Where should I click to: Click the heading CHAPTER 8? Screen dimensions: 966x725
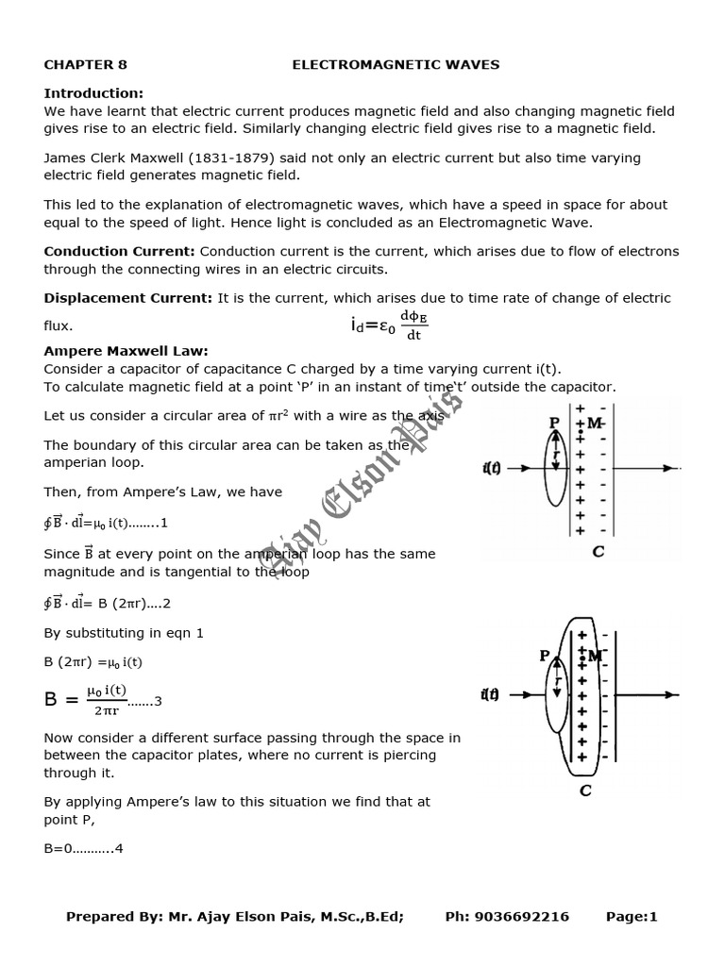pos(85,65)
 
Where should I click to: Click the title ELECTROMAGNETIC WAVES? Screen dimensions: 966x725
pos(396,65)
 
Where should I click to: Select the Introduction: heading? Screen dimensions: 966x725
pos(93,93)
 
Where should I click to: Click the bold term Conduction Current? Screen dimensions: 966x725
pos(120,251)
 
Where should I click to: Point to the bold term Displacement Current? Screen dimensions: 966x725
pos(128,298)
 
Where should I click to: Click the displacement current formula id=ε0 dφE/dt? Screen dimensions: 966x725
pos(388,325)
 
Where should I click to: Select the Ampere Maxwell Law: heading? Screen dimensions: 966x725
pos(126,351)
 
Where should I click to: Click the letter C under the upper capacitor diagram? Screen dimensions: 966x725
pos(598,552)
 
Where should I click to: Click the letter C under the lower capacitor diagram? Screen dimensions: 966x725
pos(585,791)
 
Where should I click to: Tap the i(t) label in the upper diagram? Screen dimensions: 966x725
pos(492,468)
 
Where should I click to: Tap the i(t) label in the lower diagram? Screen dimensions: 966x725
pos(490,695)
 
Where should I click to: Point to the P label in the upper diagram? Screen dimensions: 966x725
pos(554,424)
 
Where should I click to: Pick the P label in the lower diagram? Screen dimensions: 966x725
pos(545,657)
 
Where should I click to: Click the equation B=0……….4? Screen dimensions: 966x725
pos(83,848)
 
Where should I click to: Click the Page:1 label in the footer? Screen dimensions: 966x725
pos(632,917)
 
